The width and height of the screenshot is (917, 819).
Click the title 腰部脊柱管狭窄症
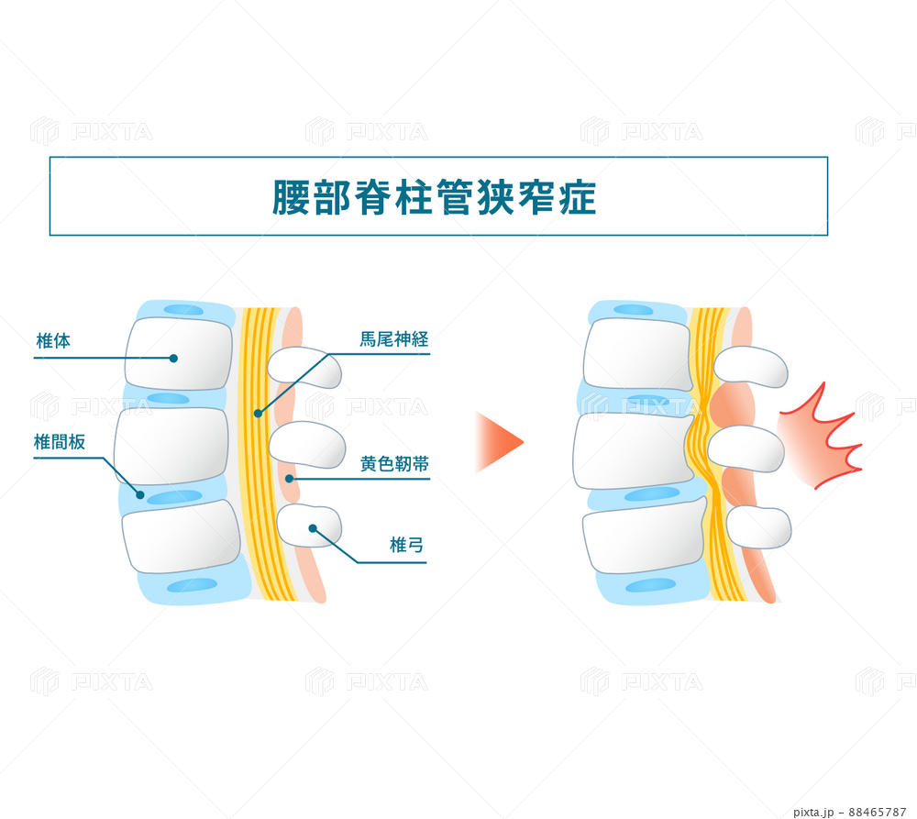(x=435, y=197)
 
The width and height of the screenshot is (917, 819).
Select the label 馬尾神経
(x=394, y=339)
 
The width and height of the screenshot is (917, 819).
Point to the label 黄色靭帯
(x=394, y=464)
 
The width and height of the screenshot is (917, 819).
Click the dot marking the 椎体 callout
(x=173, y=358)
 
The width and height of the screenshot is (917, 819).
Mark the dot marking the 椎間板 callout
(x=141, y=494)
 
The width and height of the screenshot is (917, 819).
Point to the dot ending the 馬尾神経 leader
(x=258, y=414)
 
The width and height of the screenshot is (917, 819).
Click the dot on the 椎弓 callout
(x=313, y=528)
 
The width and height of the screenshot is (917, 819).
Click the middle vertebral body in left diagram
(x=171, y=445)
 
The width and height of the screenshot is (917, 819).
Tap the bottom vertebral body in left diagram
(x=181, y=537)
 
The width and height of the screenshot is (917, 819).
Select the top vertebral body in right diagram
(x=636, y=354)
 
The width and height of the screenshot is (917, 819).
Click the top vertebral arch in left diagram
(x=304, y=368)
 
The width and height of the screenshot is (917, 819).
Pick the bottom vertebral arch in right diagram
(x=758, y=527)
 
